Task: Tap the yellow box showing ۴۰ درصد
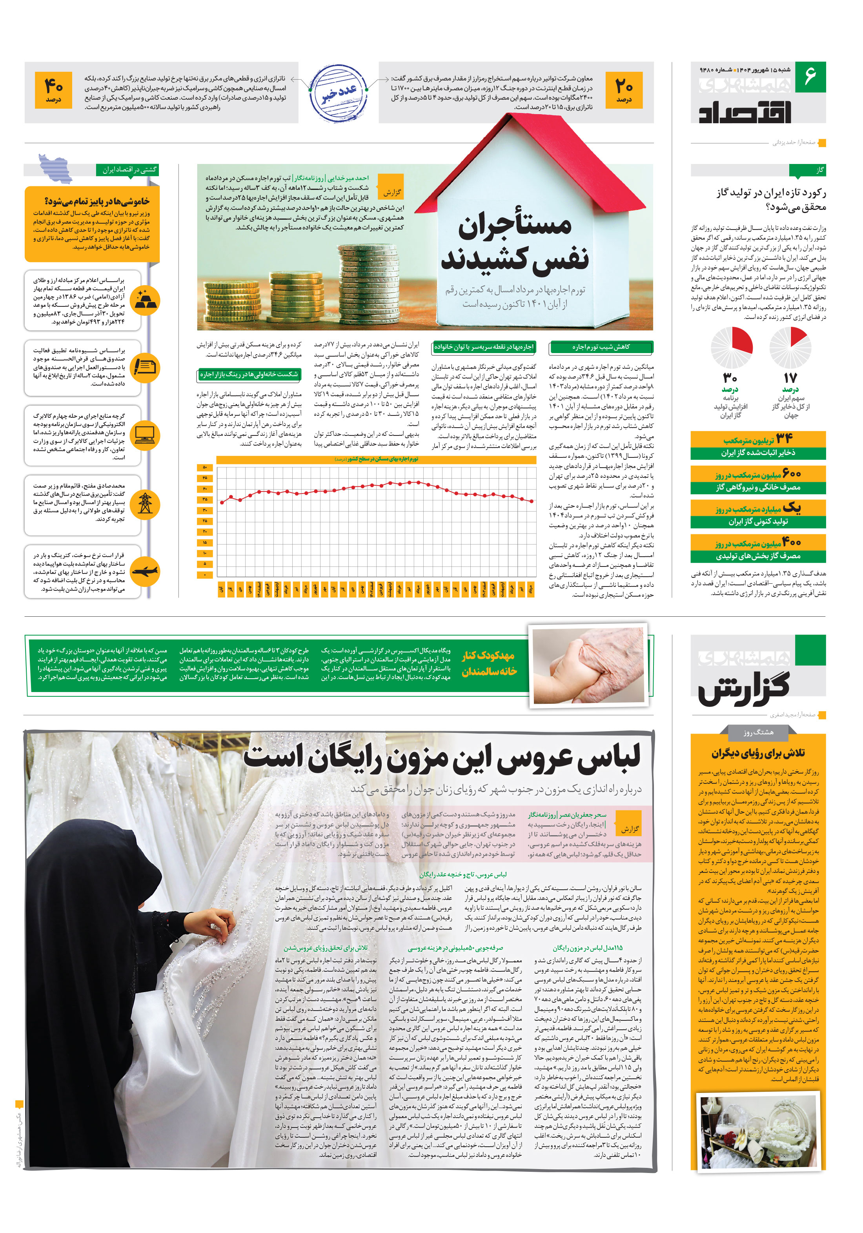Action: pos(53,90)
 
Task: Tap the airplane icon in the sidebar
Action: pos(145,572)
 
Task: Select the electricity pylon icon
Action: pos(145,503)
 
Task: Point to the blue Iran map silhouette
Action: pos(55,168)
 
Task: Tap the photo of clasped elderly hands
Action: pos(588,664)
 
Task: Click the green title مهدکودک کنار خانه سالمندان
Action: pos(489,664)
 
